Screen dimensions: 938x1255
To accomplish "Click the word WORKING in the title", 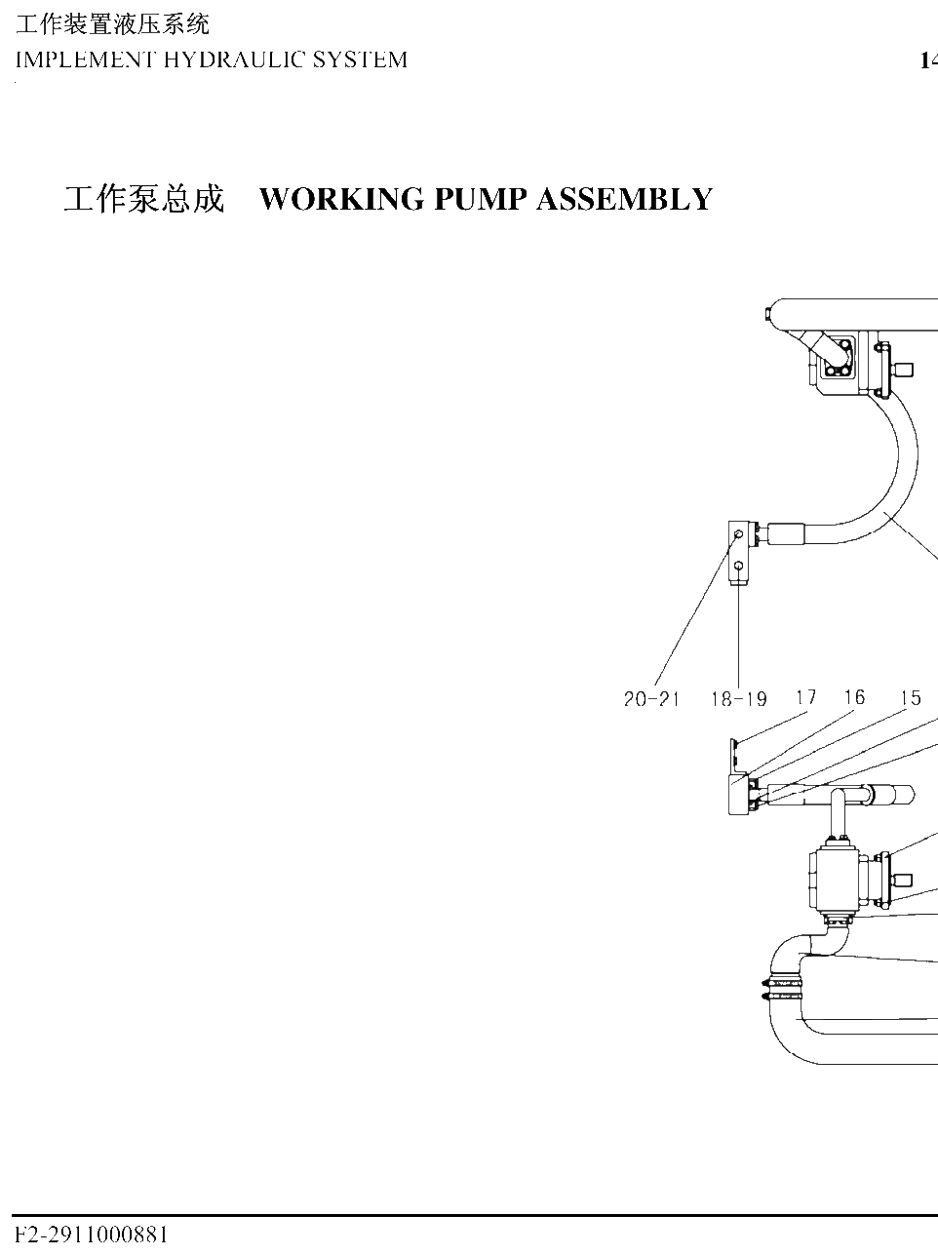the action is tap(343, 200).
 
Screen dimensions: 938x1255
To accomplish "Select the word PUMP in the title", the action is tap(481, 200).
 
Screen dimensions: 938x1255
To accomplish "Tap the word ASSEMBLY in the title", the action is tap(625, 200).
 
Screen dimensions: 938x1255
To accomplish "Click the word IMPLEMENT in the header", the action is tap(85, 60).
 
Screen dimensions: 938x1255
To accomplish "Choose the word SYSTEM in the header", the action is tap(360, 60).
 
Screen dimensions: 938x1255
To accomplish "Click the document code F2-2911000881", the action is tap(92, 1235).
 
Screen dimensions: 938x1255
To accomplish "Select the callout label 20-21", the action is tap(651, 698).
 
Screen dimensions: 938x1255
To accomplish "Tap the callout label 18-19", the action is tap(738, 698).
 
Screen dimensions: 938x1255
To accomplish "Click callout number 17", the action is tap(806, 697).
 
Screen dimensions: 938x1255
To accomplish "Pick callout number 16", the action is tap(855, 697).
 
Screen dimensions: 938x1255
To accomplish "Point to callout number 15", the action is tap(911, 697).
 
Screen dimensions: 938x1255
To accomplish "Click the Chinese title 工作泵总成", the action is tap(144, 200).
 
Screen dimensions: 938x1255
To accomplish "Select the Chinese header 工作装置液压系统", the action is tap(112, 24).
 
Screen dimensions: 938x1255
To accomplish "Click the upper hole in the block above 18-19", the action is tap(738, 533).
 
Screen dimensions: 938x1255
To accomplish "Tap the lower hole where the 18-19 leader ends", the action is tap(738, 566).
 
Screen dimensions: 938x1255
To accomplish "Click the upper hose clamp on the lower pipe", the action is tap(783, 983).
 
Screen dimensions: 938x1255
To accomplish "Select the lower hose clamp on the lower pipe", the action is tap(783, 996).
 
